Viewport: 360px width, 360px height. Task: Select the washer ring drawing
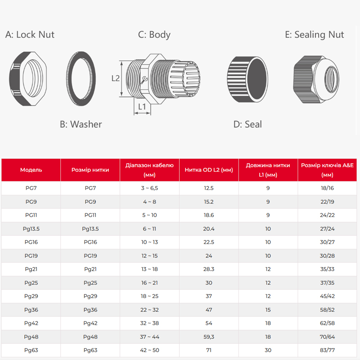(x=69, y=79)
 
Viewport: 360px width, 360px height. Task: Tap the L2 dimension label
(x=115, y=78)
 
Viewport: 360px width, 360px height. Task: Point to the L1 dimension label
(x=142, y=107)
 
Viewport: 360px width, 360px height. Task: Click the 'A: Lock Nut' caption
(x=30, y=35)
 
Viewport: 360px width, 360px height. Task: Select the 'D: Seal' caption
(x=247, y=124)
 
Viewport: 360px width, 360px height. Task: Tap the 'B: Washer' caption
(x=81, y=124)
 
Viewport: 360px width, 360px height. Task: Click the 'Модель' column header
(x=31, y=170)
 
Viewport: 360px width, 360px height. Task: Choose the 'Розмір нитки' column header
(x=90, y=170)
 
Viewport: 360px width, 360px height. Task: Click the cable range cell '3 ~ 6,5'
(x=149, y=188)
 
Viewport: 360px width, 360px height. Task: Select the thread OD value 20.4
(x=209, y=229)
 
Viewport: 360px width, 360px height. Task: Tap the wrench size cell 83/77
(x=327, y=350)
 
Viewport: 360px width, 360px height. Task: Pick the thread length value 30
(x=268, y=350)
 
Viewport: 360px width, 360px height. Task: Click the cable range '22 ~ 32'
(x=149, y=310)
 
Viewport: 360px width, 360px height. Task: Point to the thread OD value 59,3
(x=209, y=337)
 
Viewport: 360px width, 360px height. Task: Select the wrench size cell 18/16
(x=327, y=188)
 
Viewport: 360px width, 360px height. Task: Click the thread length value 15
(x=268, y=310)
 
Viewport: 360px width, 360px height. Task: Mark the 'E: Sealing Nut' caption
(x=314, y=35)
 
